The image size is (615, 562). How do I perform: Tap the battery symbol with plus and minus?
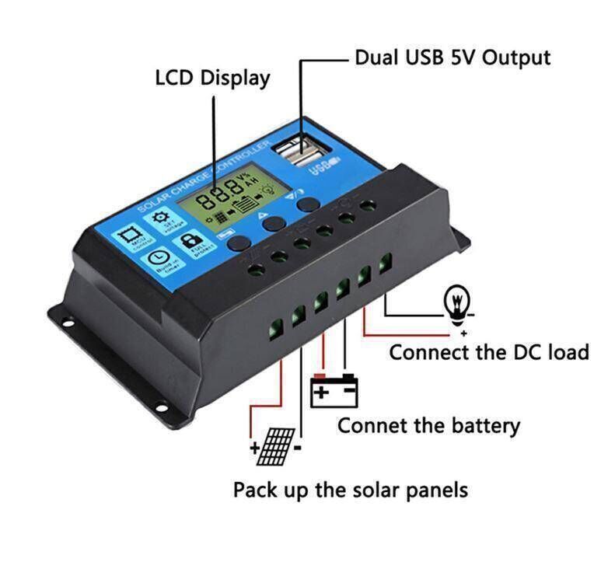[334, 392]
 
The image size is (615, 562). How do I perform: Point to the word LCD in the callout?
[174, 78]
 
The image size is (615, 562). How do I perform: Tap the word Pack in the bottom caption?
[253, 490]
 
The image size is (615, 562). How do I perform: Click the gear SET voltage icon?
[162, 218]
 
